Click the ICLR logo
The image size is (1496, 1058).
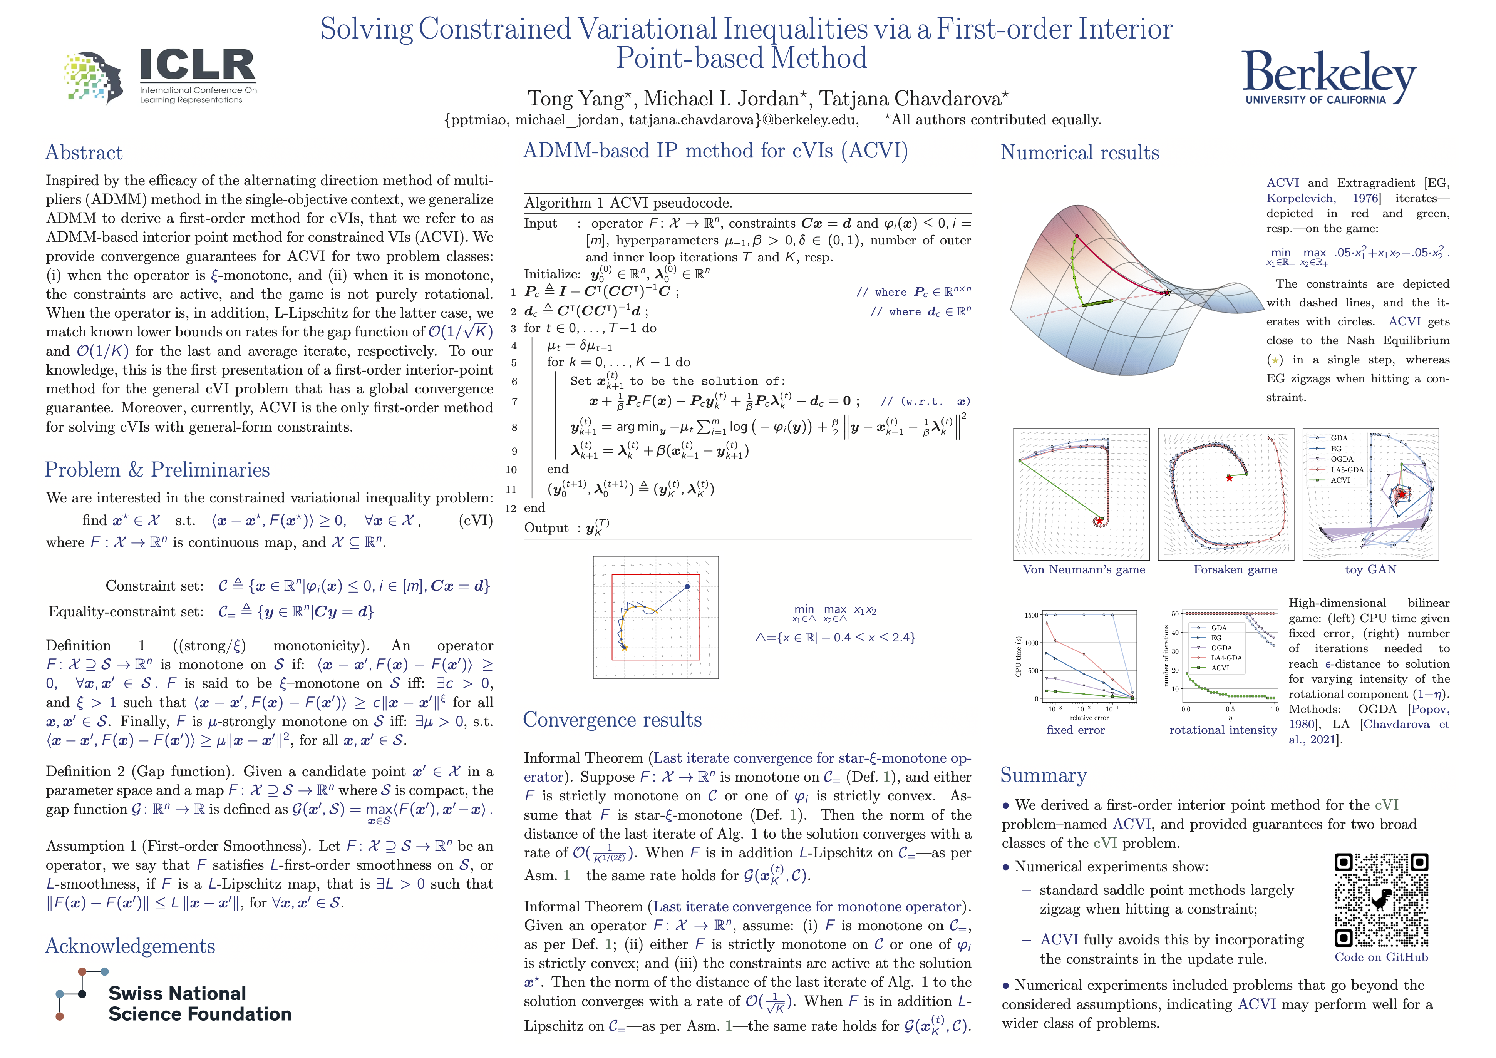tap(160, 76)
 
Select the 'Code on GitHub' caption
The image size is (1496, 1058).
tap(1381, 957)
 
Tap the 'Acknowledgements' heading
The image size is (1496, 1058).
tap(130, 946)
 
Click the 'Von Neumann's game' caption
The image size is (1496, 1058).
tap(1084, 569)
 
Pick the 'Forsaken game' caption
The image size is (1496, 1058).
tap(1235, 569)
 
